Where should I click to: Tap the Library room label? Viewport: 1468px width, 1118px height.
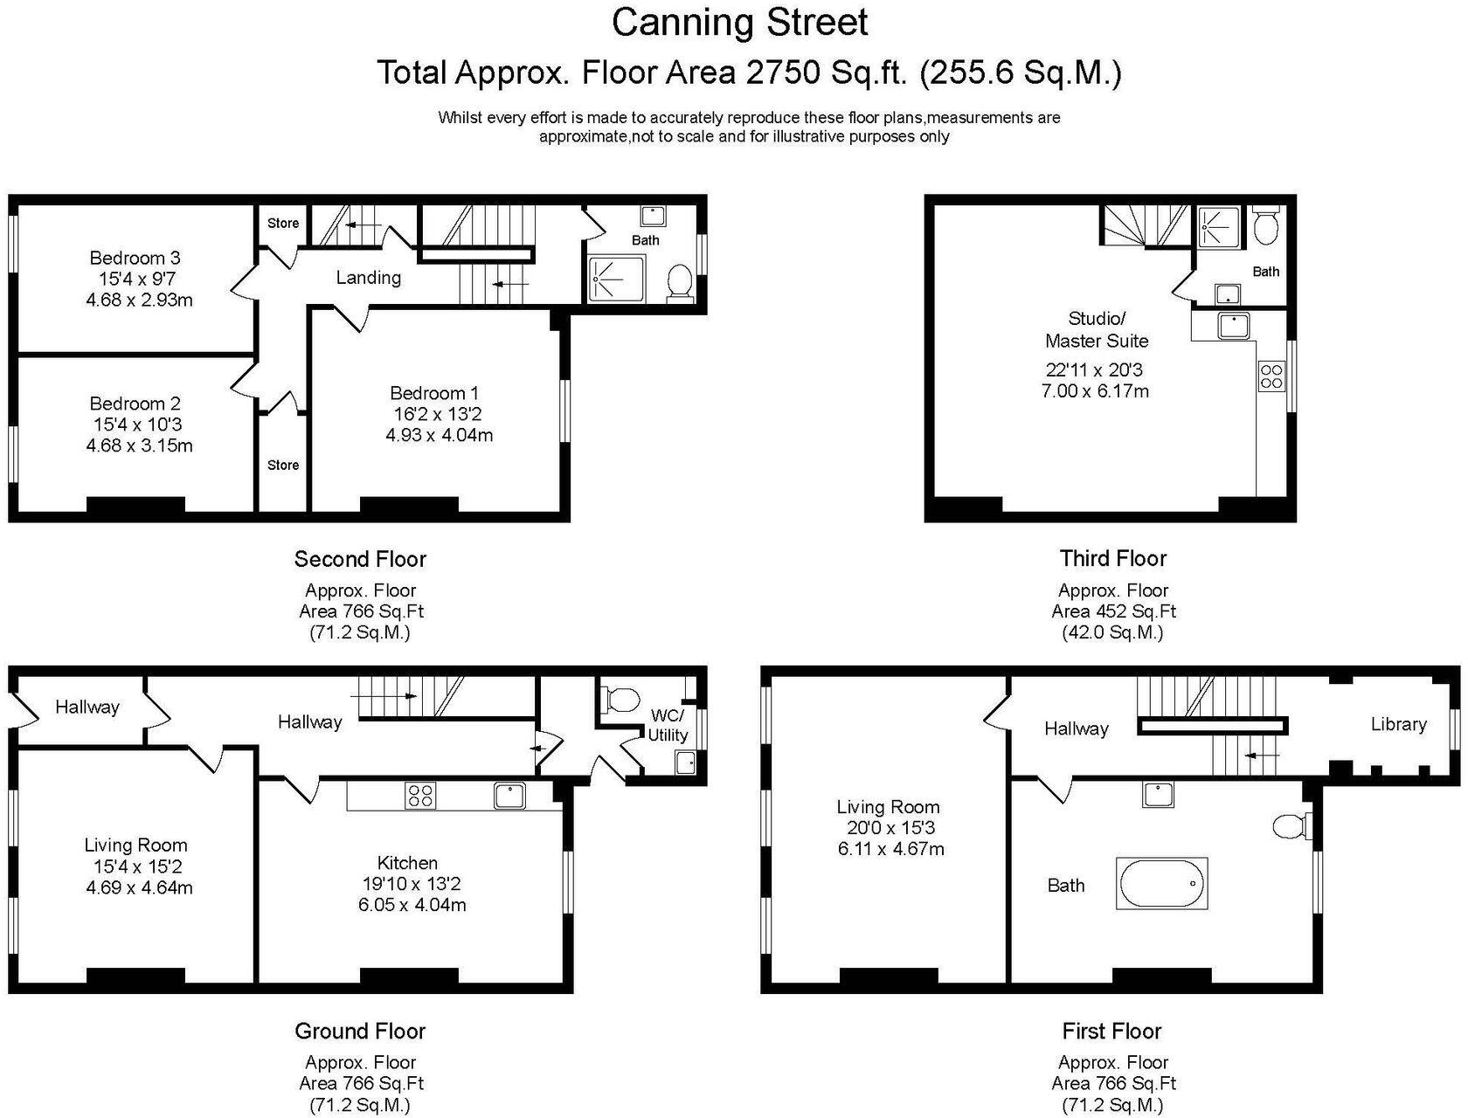click(x=1398, y=724)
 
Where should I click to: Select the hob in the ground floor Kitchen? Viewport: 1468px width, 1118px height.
click(x=420, y=796)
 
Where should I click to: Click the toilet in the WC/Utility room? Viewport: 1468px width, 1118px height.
click(x=620, y=700)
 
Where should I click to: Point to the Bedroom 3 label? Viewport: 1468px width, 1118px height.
click(x=135, y=258)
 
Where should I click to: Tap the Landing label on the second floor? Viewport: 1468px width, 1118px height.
click(x=368, y=278)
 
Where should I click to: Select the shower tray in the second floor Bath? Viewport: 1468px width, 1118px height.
click(x=616, y=278)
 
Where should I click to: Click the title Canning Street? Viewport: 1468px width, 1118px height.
click(x=739, y=23)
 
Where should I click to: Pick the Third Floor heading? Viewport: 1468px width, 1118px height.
click(x=1112, y=558)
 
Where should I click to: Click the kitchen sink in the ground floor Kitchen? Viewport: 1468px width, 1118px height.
click(x=509, y=796)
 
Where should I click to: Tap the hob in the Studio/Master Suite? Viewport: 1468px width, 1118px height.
click(x=1271, y=376)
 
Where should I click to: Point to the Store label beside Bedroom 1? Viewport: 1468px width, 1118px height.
click(x=283, y=465)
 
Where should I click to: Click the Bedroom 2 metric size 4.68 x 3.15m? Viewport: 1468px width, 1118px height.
click(x=139, y=445)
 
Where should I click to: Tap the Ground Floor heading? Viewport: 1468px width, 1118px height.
click(x=359, y=1031)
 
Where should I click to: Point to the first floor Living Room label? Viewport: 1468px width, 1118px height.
click(x=888, y=807)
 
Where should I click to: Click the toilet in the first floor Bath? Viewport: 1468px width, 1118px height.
click(x=1290, y=825)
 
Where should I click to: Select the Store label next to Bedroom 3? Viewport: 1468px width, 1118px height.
click(x=283, y=223)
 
